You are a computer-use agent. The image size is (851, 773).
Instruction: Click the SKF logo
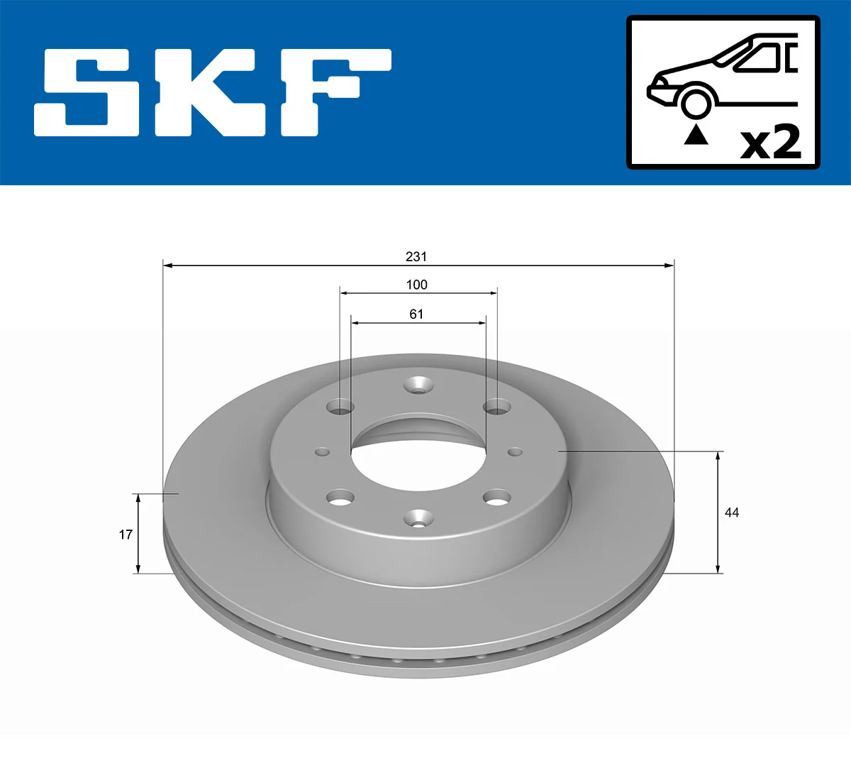(213, 92)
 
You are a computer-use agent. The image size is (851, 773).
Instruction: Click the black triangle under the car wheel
(696, 134)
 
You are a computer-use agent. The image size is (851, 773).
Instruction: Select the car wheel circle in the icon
(696, 102)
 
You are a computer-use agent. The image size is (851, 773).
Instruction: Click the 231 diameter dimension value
(416, 256)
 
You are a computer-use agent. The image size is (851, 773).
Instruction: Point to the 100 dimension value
(416, 285)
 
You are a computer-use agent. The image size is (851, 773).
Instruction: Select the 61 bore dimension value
(416, 314)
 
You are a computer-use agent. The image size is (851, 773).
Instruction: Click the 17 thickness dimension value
(126, 534)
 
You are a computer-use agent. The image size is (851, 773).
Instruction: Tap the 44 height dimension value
(732, 512)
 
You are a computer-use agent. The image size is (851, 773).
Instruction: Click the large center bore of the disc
(418, 461)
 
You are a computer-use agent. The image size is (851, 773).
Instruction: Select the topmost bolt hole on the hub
(418, 386)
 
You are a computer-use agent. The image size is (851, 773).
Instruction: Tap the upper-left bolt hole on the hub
(341, 407)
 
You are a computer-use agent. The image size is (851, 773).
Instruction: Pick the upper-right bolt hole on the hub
(496, 407)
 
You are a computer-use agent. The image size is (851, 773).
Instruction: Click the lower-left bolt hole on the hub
(341, 498)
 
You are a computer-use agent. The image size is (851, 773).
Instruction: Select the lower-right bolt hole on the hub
(496, 498)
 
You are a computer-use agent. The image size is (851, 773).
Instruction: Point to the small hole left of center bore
(323, 451)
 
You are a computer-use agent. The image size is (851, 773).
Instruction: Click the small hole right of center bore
(515, 451)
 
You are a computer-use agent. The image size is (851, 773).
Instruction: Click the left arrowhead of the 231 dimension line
(168, 265)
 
